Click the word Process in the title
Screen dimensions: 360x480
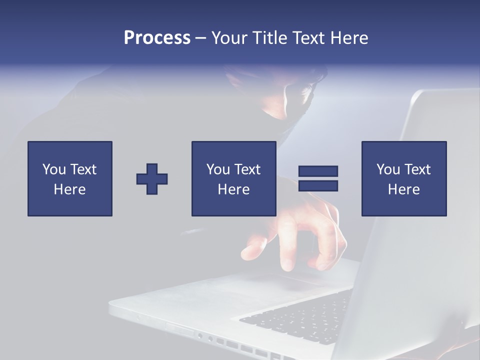157,38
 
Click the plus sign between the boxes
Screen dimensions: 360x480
152,179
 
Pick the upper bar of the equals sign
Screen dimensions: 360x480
318,171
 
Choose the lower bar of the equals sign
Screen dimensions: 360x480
318,186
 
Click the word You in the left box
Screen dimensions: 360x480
53,169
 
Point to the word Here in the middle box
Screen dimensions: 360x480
234,189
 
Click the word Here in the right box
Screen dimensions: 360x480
404,189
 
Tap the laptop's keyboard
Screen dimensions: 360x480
300,315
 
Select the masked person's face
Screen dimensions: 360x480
290,97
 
